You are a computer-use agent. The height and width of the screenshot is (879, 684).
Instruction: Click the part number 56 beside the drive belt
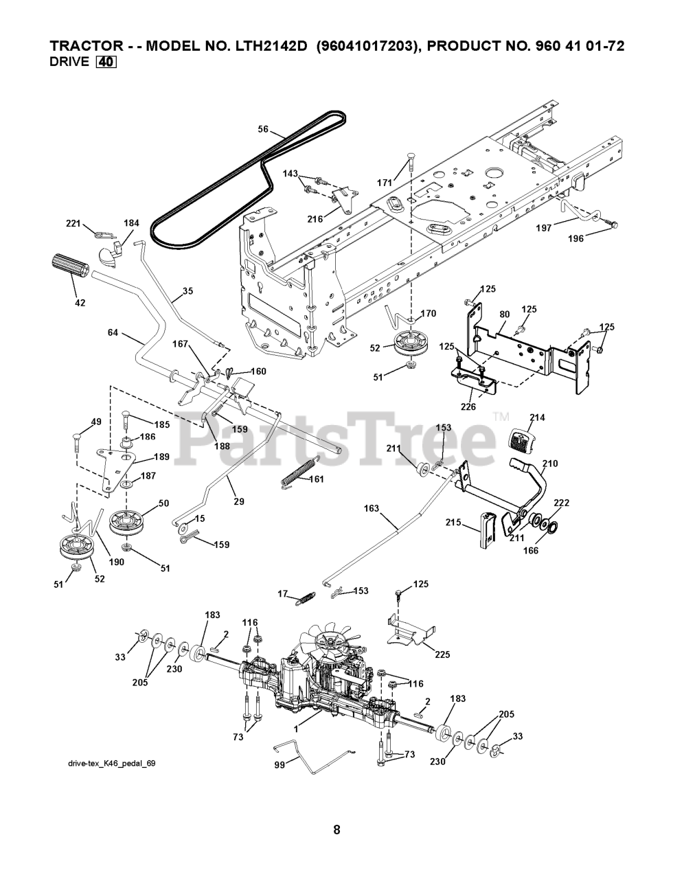point(263,128)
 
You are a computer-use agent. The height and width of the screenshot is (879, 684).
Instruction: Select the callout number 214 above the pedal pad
point(538,418)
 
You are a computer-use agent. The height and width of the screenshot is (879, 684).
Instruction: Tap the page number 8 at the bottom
point(337,830)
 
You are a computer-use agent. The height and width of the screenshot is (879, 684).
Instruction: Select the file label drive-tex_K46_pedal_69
point(106,764)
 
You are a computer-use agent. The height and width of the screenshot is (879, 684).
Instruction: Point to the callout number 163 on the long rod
point(372,510)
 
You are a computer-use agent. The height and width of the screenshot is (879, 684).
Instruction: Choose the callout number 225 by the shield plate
point(442,654)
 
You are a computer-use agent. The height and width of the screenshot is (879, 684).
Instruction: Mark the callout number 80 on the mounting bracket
point(505,315)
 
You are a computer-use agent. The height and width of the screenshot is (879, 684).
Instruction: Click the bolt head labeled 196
point(613,225)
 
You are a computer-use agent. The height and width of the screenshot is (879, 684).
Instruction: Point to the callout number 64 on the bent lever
point(113,332)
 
